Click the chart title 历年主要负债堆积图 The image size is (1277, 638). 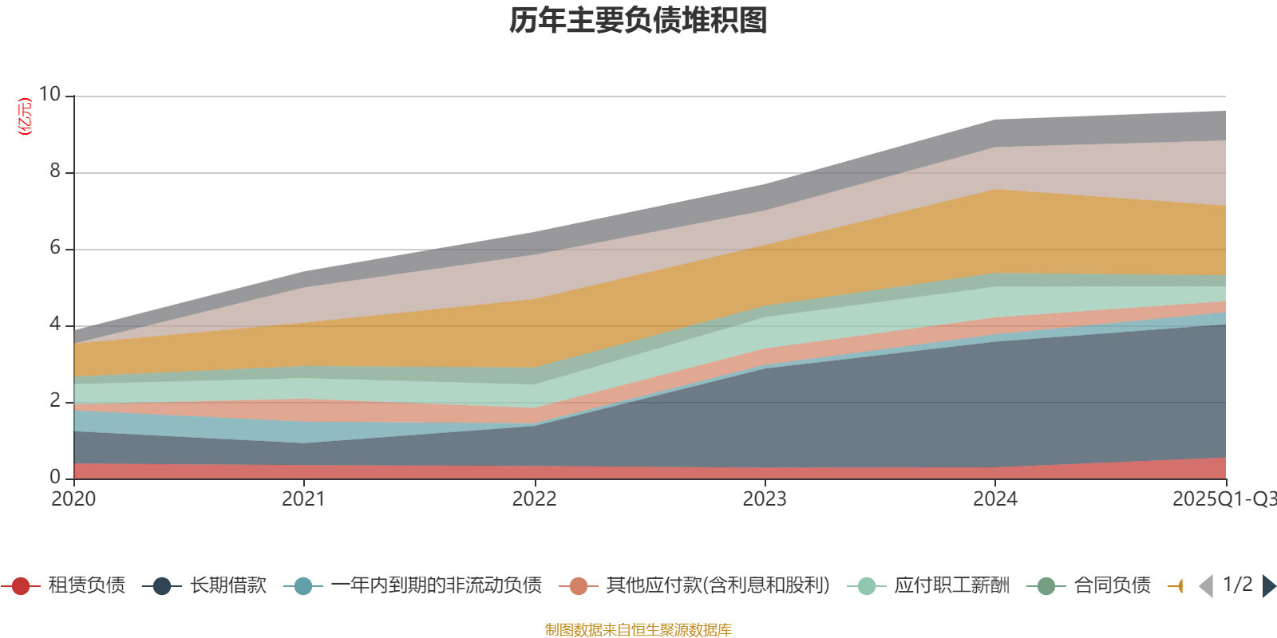(638, 21)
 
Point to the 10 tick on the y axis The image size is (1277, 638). (49, 94)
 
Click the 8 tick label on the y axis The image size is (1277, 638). (55, 171)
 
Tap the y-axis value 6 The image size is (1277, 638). (55, 247)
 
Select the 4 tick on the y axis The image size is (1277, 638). (55, 324)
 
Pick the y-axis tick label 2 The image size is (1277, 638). (55, 400)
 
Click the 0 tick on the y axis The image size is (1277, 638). (55, 477)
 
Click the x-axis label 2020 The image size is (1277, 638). (73, 499)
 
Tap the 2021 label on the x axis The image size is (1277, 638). (303, 499)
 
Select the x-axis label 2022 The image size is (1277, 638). (534, 499)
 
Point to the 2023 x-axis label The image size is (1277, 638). (765, 499)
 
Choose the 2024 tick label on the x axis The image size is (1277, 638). (994, 499)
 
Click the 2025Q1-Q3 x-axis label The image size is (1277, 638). (1223, 499)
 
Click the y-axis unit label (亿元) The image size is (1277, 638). (26, 116)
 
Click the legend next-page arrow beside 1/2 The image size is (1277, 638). (1268, 586)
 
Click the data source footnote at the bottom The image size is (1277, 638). (638, 630)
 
